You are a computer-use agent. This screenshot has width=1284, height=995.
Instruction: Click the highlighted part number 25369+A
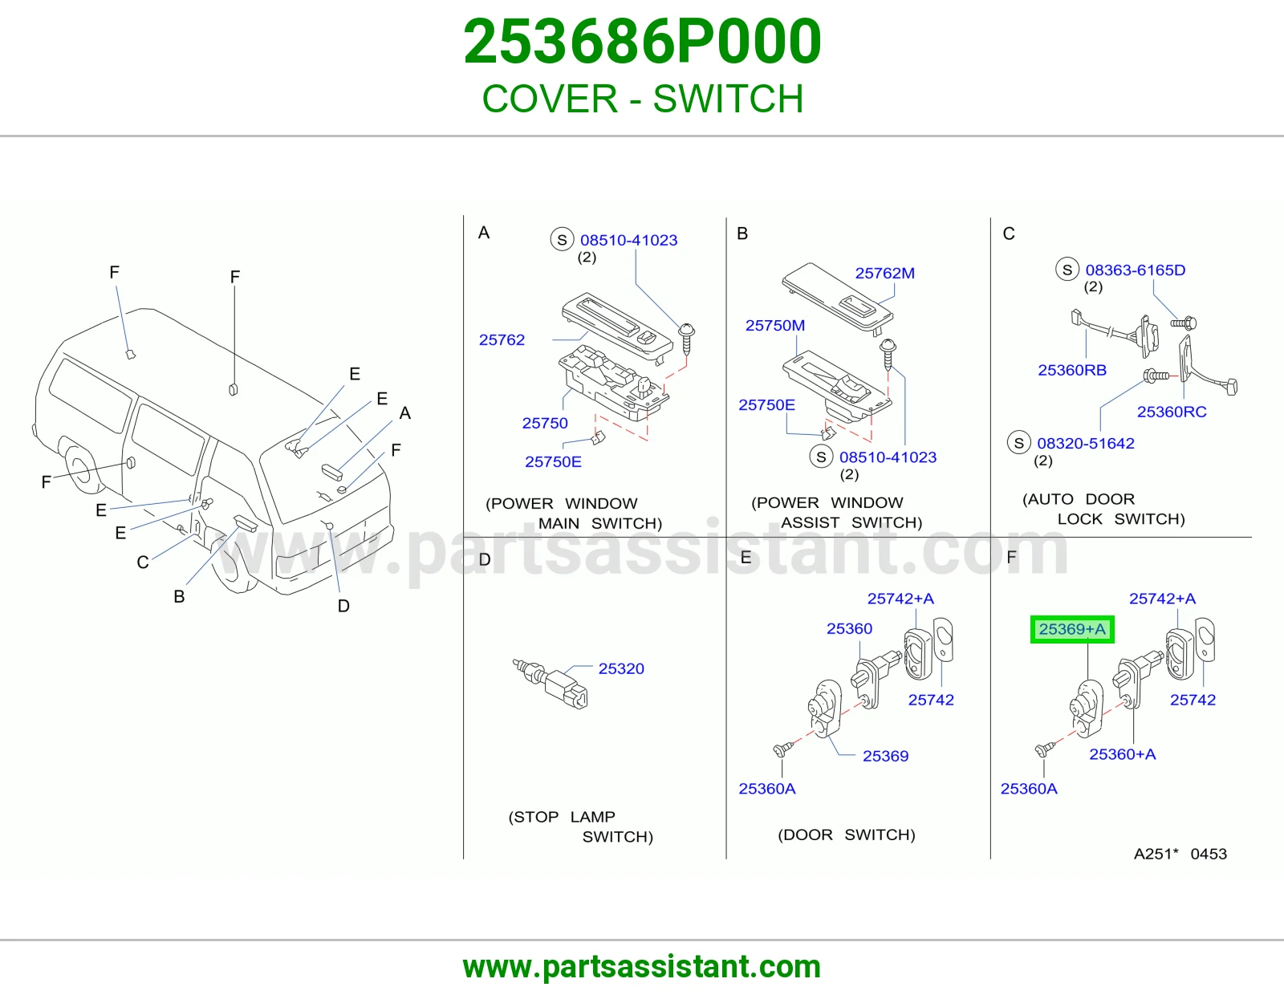coord(1072,629)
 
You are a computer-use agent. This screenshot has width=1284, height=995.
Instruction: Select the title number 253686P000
coord(642,42)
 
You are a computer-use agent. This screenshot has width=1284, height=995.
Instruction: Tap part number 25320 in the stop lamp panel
coord(621,669)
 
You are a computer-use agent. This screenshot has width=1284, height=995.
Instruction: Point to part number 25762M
coord(884,273)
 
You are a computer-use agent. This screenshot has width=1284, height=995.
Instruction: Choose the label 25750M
coord(774,326)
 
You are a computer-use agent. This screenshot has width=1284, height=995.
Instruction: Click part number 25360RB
coord(1072,370)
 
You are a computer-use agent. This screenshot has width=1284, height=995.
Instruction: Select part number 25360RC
coord(1172,412)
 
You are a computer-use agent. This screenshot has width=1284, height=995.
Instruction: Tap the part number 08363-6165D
coord(1135,270)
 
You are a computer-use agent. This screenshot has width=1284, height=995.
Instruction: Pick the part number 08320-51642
coord(1086,443)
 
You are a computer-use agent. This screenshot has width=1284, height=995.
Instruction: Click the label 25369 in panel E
coord(885,756)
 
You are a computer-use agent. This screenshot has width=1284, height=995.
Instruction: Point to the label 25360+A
coord(1122,754)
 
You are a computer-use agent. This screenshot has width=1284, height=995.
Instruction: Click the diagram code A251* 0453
coord(1180,854)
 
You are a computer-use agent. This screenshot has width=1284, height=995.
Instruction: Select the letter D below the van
coord(343,606)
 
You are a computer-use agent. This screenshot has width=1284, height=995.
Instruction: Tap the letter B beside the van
coord(179,596)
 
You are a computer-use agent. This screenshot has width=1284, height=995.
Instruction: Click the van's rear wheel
coord(80,469)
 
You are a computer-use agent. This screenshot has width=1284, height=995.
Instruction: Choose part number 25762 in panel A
coord(502,339)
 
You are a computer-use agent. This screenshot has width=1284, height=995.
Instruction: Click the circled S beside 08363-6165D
coord(1067,270)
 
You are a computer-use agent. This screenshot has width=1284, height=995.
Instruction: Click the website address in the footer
coord(642,967)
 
